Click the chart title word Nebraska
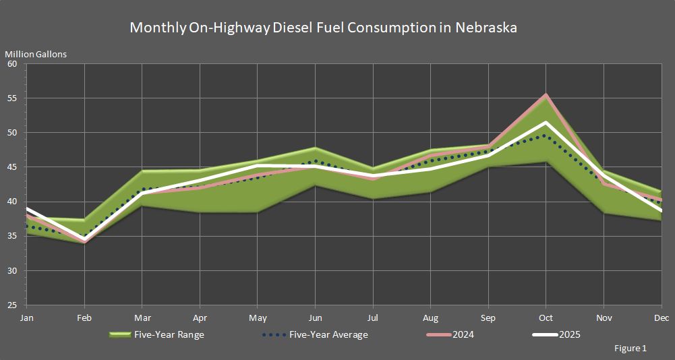tap(486, 28)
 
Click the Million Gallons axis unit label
tap(36, 54)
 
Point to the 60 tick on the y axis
tap(12, 64)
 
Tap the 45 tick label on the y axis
tap(12, 167)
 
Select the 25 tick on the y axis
tap(12, 305)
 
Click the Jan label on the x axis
tap(26, 318)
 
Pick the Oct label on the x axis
tap(546, 318)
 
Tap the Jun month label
tap(315, 318)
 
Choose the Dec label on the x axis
tap(662, 318)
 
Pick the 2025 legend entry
tap(569, 334)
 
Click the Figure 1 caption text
tap(630, 349)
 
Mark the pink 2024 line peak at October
tap(546, 95)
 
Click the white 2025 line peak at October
tap(546, 123)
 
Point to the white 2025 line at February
tap(84, 240)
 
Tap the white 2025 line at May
tap(258, 165)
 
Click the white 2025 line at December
tap(661, 210)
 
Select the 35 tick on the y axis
tap(12, 236)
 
